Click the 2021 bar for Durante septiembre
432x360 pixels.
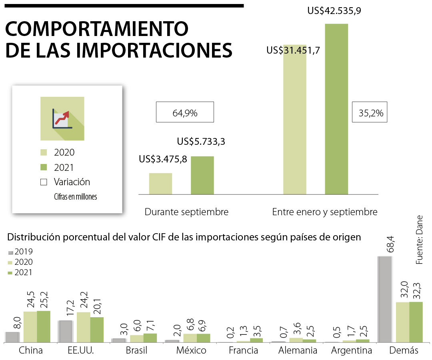click(202, 175)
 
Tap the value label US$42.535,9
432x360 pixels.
click(334, 11)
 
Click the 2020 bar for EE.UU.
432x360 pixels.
click(83, 327)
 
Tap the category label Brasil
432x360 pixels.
click(136, 351)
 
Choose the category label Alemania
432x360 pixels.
click(298, 351)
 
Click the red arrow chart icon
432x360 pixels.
click(62, 118)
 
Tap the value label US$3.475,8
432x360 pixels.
click(163, 159)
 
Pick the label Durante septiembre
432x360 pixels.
click(186, 212)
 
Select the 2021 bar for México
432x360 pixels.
click(203, 338)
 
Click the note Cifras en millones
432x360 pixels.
click(76, 196)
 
